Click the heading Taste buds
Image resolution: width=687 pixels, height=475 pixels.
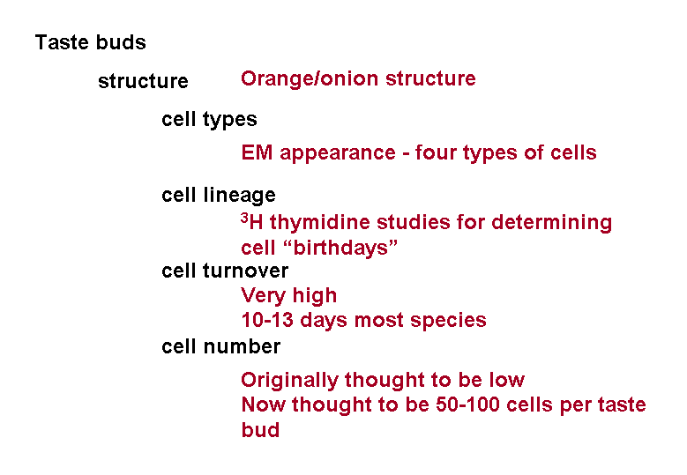90,42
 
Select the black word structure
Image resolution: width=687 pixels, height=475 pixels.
143,81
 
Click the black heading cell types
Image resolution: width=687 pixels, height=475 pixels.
209,120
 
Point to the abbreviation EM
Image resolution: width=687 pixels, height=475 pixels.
257,152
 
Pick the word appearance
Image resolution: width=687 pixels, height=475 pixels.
338,154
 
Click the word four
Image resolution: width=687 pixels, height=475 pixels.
436,152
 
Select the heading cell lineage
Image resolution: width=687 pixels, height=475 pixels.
218,196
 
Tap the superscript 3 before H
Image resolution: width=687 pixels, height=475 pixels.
244,217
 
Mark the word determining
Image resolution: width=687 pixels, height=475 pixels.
551,222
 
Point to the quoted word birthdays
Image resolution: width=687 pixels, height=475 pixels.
340,248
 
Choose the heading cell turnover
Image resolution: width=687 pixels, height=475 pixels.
225,271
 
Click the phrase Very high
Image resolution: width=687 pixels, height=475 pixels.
288,296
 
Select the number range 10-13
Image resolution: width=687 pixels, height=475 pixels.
267,320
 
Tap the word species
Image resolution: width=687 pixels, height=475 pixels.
448,321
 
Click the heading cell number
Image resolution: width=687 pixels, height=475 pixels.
220,346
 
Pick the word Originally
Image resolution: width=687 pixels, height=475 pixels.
289,381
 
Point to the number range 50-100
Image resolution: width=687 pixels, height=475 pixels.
467,405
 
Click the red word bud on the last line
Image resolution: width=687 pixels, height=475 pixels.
260,430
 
